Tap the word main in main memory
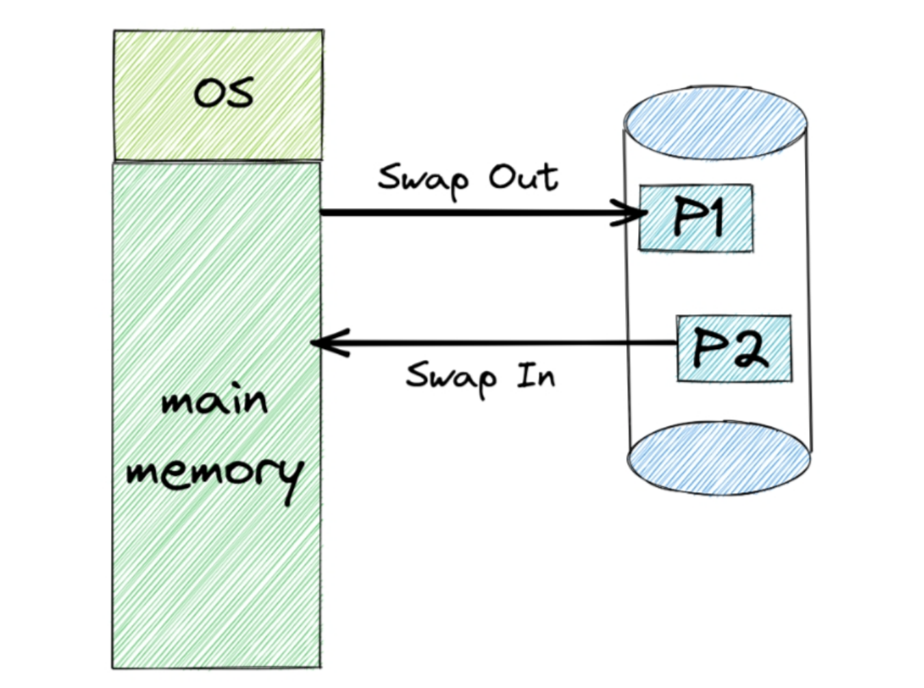[x=214, y=400]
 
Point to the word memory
[x=214, y=472]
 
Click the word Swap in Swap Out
[x=423, y=179]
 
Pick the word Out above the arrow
[x=524, y=177]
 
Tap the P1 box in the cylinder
[x=696, y=218]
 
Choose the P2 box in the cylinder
[x=734, y=348]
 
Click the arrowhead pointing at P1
[x=635, y=212]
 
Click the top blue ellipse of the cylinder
[x=715, y=123]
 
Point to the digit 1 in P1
[x=714, y=216]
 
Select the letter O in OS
[x=207, y=94]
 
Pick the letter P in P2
[x=708, y=348]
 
